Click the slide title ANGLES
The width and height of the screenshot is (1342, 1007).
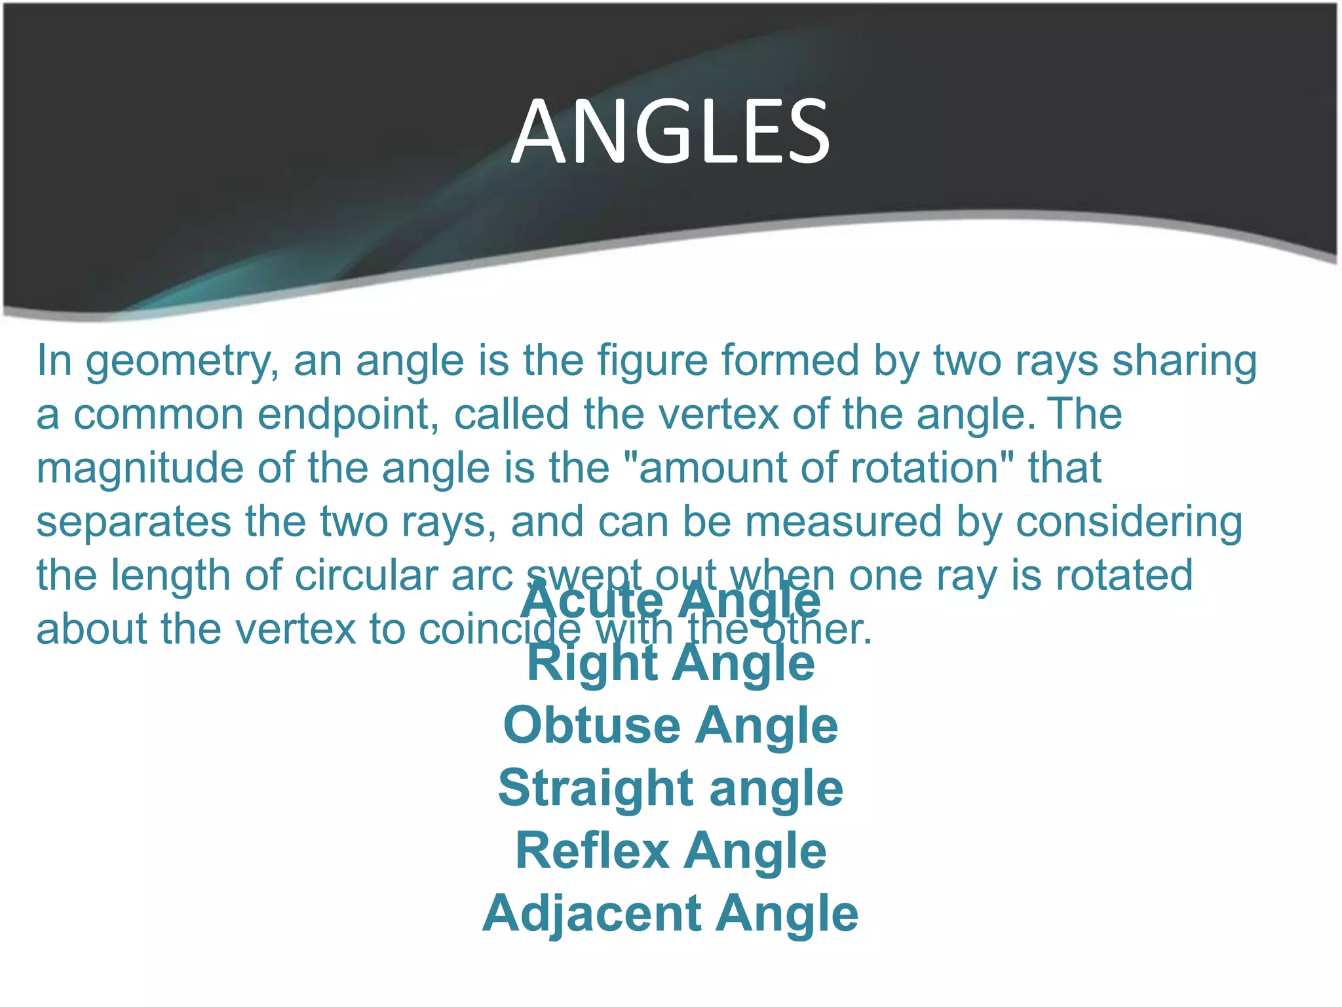671,131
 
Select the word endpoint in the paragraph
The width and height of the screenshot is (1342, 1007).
348,416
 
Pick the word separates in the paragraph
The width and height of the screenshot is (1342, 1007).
134,523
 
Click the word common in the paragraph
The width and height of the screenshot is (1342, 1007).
158,416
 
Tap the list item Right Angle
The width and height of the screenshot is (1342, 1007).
671,663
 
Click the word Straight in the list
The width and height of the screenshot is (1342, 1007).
596,789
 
